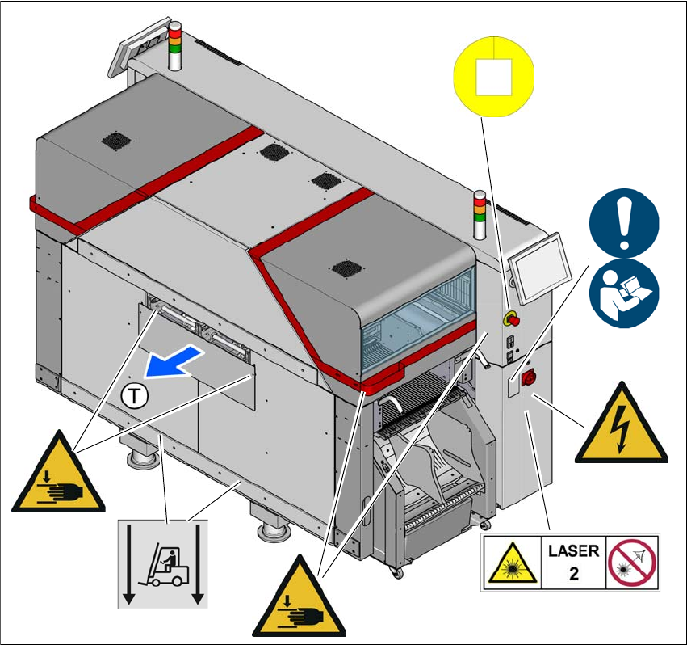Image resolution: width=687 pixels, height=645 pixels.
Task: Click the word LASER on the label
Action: tap(573, 551)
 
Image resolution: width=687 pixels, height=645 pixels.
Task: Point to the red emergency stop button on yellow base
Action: tap(512, 318)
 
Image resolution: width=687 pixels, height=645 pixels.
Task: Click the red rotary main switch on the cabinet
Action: tap(531, 377)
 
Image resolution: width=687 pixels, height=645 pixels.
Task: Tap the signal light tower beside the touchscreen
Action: tap(480, 216)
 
